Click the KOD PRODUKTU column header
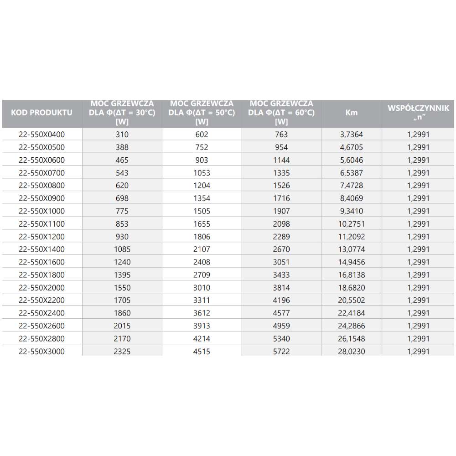click(41, 113)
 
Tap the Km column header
click(352, 113)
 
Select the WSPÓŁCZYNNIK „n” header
click(418, 113)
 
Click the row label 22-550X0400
click(41, 135)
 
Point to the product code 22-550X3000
click(41, 352)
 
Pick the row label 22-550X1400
click(41, 249)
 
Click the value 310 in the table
click(122, 135)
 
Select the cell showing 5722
click(281, 352)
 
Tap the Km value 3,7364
click(352, 135)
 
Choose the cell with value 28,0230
click(352, 352)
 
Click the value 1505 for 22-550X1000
click(202, 211)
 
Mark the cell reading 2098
click(281, 224)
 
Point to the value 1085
click(122, 249)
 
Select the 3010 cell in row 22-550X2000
click(202, 288)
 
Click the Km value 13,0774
click(352, 249)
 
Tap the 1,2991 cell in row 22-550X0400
click(418, 135)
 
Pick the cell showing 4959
click(281, 326)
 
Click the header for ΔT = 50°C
click(202, 113)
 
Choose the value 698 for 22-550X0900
click(122, 198)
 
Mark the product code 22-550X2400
click(41, 313)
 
